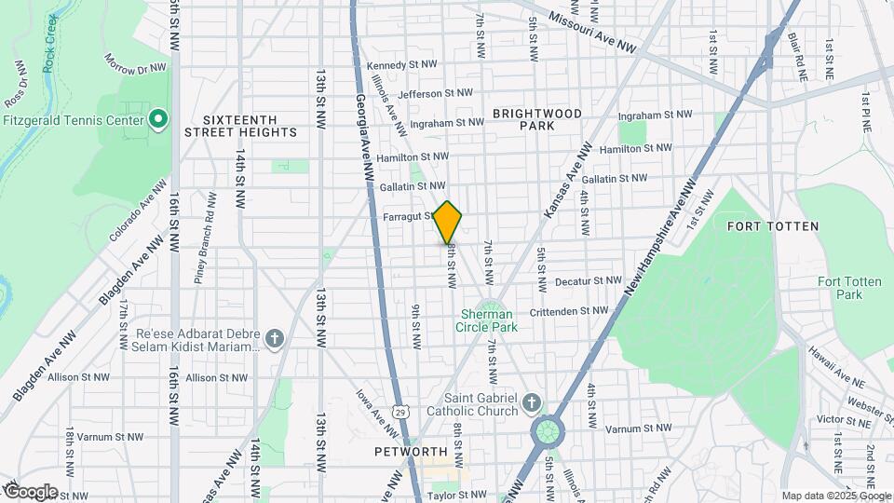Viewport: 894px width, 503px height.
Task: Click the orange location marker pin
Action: [x=448, y=223]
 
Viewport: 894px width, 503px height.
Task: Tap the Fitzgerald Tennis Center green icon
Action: [x=158, y=119]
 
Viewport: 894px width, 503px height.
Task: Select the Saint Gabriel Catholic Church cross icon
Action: [x=532, y=403]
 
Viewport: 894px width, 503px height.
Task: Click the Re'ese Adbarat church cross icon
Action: [x=274, y=338]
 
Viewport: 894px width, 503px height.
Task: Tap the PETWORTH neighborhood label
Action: [x=405, y=452]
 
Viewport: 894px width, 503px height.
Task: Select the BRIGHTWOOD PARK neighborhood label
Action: [x=537, y=119]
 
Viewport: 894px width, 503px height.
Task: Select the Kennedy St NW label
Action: [x=401, y=66]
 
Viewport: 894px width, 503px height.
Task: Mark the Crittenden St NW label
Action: [x=575, y=311]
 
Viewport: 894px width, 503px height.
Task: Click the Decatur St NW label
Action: [x=588, y=280]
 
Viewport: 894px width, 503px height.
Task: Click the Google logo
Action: [x=31, y=491]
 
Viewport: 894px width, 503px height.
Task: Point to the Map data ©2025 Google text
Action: [x=834, y=496]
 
